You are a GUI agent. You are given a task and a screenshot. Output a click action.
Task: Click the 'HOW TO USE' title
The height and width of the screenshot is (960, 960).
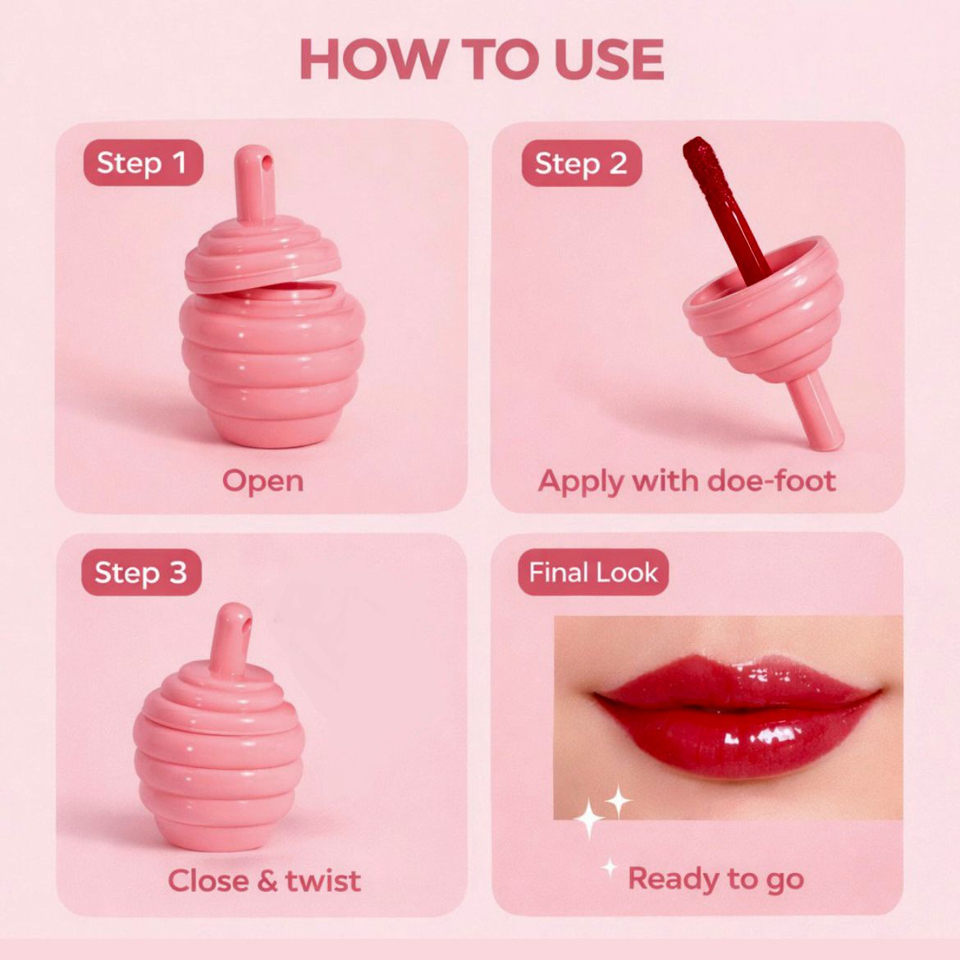point(482,59)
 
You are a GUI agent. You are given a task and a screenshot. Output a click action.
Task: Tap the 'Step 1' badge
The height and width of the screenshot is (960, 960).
point(143,162)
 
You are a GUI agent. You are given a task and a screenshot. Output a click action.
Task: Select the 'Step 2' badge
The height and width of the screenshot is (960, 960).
point(581,163)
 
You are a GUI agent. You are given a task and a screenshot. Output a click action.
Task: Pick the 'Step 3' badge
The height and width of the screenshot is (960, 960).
point(141,573)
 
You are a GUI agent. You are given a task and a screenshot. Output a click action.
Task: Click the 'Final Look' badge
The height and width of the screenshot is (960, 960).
point(592,573)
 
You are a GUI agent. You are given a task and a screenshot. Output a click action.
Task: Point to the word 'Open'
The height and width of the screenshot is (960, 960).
point(263,481)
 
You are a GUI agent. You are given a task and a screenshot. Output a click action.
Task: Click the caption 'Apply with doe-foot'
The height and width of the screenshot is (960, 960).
point(687,481)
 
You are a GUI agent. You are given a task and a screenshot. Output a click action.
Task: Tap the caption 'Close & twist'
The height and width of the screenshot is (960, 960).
point(264,881)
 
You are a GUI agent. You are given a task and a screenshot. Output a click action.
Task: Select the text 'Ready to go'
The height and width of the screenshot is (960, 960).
point(715,880)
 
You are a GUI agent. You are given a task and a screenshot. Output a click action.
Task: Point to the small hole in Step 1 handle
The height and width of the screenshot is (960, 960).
point(267,160)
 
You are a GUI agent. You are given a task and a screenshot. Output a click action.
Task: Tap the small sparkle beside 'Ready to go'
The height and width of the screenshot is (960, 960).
point(609,867)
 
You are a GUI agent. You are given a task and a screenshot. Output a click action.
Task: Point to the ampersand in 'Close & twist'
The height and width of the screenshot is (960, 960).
point(267,881)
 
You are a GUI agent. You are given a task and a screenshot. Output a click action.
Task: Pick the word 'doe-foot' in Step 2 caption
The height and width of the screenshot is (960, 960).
point(771,481)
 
